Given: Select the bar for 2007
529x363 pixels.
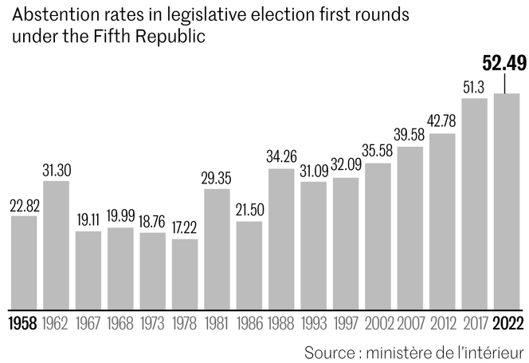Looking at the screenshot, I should [410, 227].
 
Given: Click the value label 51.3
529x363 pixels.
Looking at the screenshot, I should [475, 86].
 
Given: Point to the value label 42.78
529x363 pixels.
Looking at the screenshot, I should [442, 121].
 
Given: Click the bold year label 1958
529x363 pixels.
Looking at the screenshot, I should [24, 325].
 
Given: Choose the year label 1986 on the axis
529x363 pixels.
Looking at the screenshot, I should [249, 325].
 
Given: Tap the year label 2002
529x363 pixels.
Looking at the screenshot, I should [378, 325].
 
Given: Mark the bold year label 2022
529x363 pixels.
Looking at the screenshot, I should [507, 325].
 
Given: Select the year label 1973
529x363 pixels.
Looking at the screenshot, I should [152, 325].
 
